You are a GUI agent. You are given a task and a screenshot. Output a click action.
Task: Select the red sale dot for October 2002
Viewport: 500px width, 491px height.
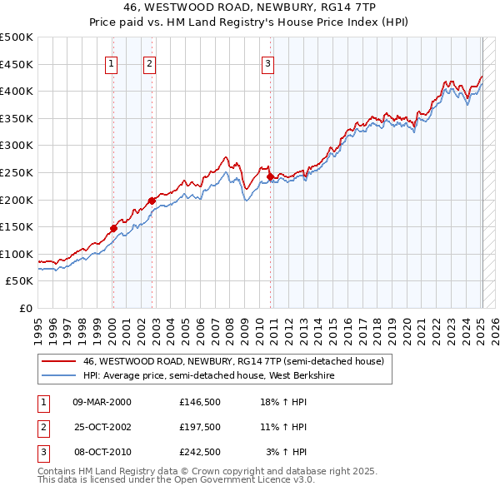152,201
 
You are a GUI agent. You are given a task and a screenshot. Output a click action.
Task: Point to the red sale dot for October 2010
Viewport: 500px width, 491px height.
270,176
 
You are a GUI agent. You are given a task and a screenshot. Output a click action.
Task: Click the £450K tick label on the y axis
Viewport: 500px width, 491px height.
17,64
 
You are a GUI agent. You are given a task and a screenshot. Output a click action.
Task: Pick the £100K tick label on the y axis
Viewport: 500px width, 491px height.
17,254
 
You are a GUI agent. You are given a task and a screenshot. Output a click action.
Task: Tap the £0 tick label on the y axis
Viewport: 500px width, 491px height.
26,308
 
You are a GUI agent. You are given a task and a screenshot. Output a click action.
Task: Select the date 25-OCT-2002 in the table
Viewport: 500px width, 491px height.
102,427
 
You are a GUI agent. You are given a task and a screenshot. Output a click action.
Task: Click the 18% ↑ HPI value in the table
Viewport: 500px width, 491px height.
285,402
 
